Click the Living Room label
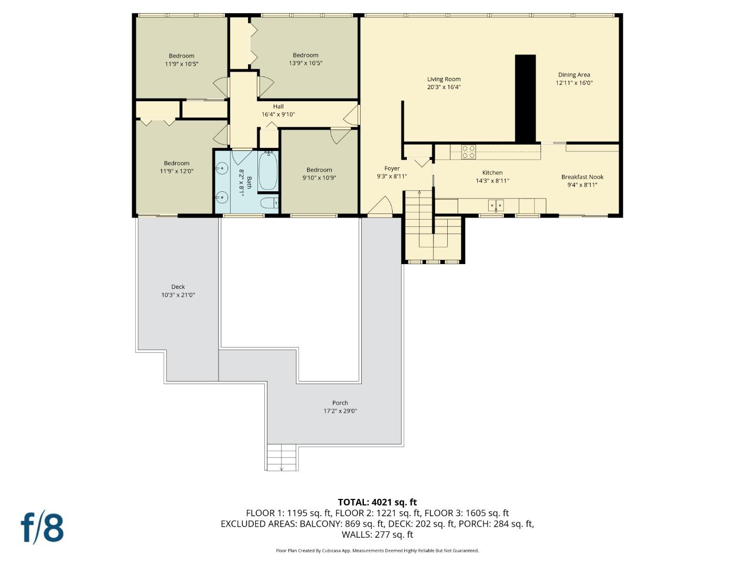click(444, 79)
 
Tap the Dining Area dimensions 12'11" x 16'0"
click(574, 83)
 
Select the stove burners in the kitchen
click(469, 152)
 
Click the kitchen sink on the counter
click(496, 205)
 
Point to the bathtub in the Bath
click(268, 171)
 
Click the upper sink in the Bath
click(222, 169)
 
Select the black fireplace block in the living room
click(525, 99)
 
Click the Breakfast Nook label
click(582, 177)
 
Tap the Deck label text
click(178, 287)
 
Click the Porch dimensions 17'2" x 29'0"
click(340, 411)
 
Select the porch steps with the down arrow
click(282, 457)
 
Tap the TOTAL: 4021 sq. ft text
click(377, 502)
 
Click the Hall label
click(278, 106)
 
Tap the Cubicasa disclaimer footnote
click(377, 550)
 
